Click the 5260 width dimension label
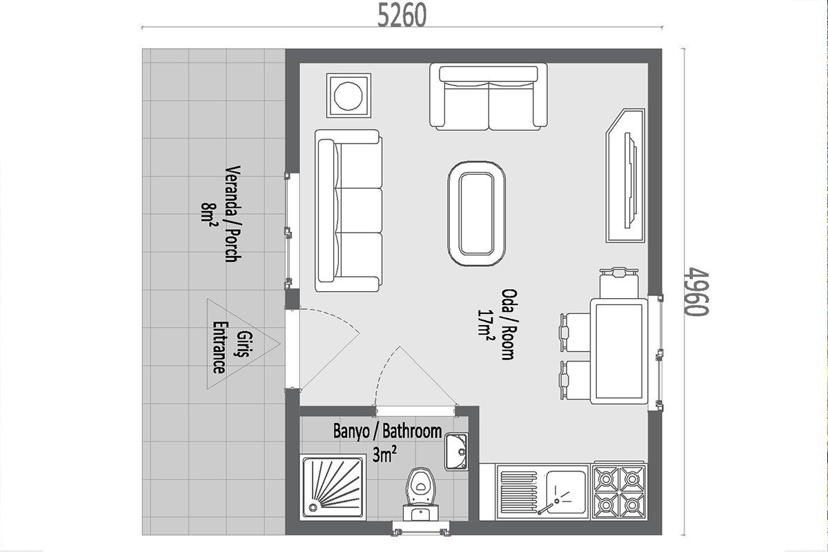(x=402, y=16)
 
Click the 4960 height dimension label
(x=696, y=292)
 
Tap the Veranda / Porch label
(x=233, y=214)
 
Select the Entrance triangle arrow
(x=243, y=344)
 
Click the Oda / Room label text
(x=508, y=324)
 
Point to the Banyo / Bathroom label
(x=387, y=431)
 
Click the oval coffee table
(x=477, y=213)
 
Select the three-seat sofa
(x=348, y=210)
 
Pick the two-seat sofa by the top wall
(x=489, y=97)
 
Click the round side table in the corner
(x=348, y=96)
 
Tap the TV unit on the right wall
(x=625, y=176)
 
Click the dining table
(x=619, y=351)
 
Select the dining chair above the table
(x=619, y=283)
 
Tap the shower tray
(x=333, y=488)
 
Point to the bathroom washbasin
(x=456, y=452)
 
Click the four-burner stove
(x=619, y=491)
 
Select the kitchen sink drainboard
(x=517, y=492)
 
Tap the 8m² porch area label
(x=209, y=214)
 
